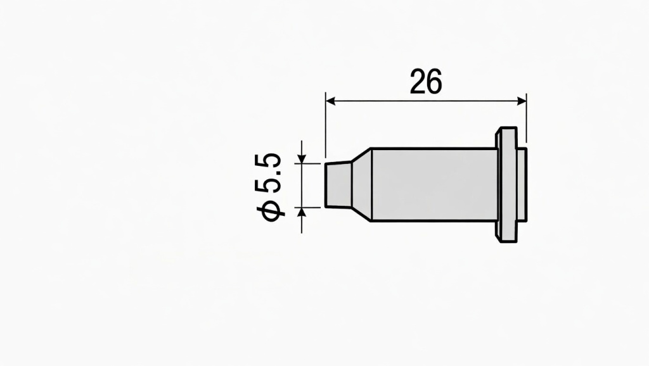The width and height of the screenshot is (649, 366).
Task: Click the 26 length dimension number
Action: [426, 82]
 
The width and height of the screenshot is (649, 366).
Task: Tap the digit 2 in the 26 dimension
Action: [417, 82]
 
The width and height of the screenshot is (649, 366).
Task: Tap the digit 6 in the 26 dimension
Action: [434, 82]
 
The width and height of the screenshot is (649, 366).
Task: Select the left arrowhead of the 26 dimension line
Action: [330, 100]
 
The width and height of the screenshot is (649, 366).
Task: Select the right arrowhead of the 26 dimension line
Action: [522, 100]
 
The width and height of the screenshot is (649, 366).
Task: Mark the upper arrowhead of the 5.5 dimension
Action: [302, 158]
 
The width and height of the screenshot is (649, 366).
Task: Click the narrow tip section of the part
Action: [338, 185]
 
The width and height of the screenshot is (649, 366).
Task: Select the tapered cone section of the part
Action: [361, 185]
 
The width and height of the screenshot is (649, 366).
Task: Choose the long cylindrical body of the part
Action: [434, 185]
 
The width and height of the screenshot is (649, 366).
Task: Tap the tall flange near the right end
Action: [506, 185]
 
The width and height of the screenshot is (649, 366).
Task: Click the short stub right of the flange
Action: [521, 185]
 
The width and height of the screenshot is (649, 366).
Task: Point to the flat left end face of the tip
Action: [326, 185]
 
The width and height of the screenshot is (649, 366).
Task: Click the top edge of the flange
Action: [506, 129]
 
